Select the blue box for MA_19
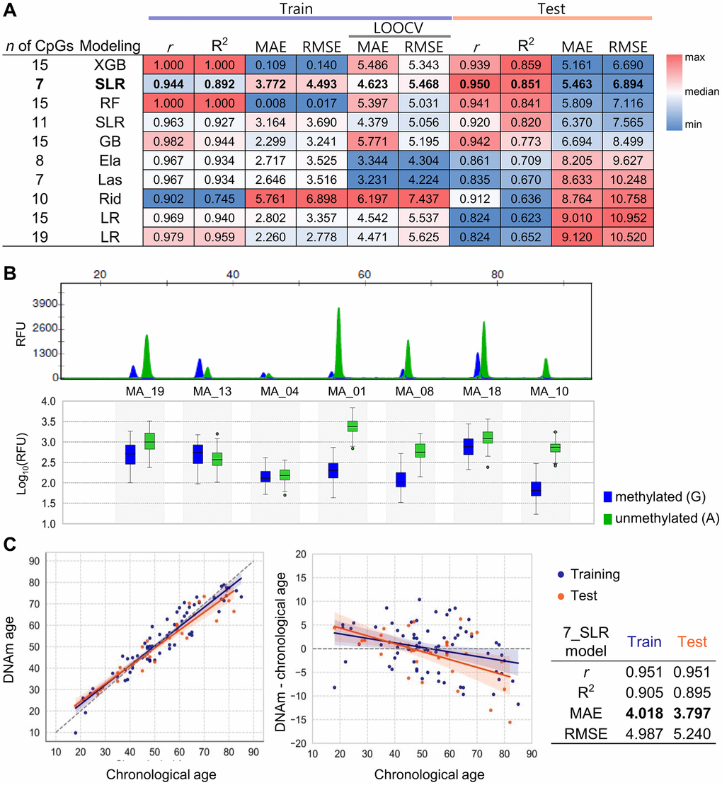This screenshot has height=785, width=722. pos(130,454)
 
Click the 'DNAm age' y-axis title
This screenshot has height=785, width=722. pos(14,639)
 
